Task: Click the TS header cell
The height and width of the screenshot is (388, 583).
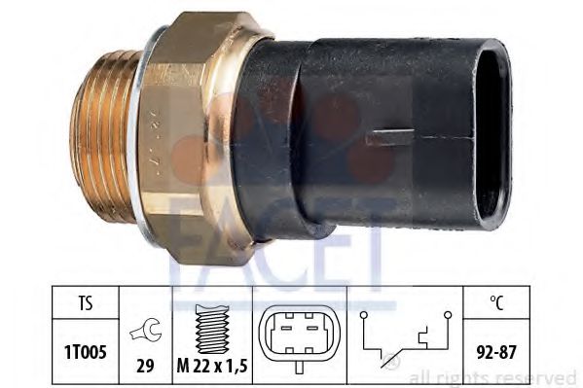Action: pos(86,302)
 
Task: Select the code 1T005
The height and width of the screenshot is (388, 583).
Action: pos(86,352)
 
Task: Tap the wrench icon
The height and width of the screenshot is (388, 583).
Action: pos(146,330)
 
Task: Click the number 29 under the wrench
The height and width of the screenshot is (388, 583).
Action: pos(145,367)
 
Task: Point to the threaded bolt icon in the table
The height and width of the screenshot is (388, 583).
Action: pos(211,329)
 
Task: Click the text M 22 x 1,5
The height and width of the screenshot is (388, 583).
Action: pos(212,367)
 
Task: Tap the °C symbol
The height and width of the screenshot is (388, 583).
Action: pos(496,302)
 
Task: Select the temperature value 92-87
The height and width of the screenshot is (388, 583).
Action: pos(496,352)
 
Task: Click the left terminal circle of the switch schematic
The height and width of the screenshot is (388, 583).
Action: pos(364,315)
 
